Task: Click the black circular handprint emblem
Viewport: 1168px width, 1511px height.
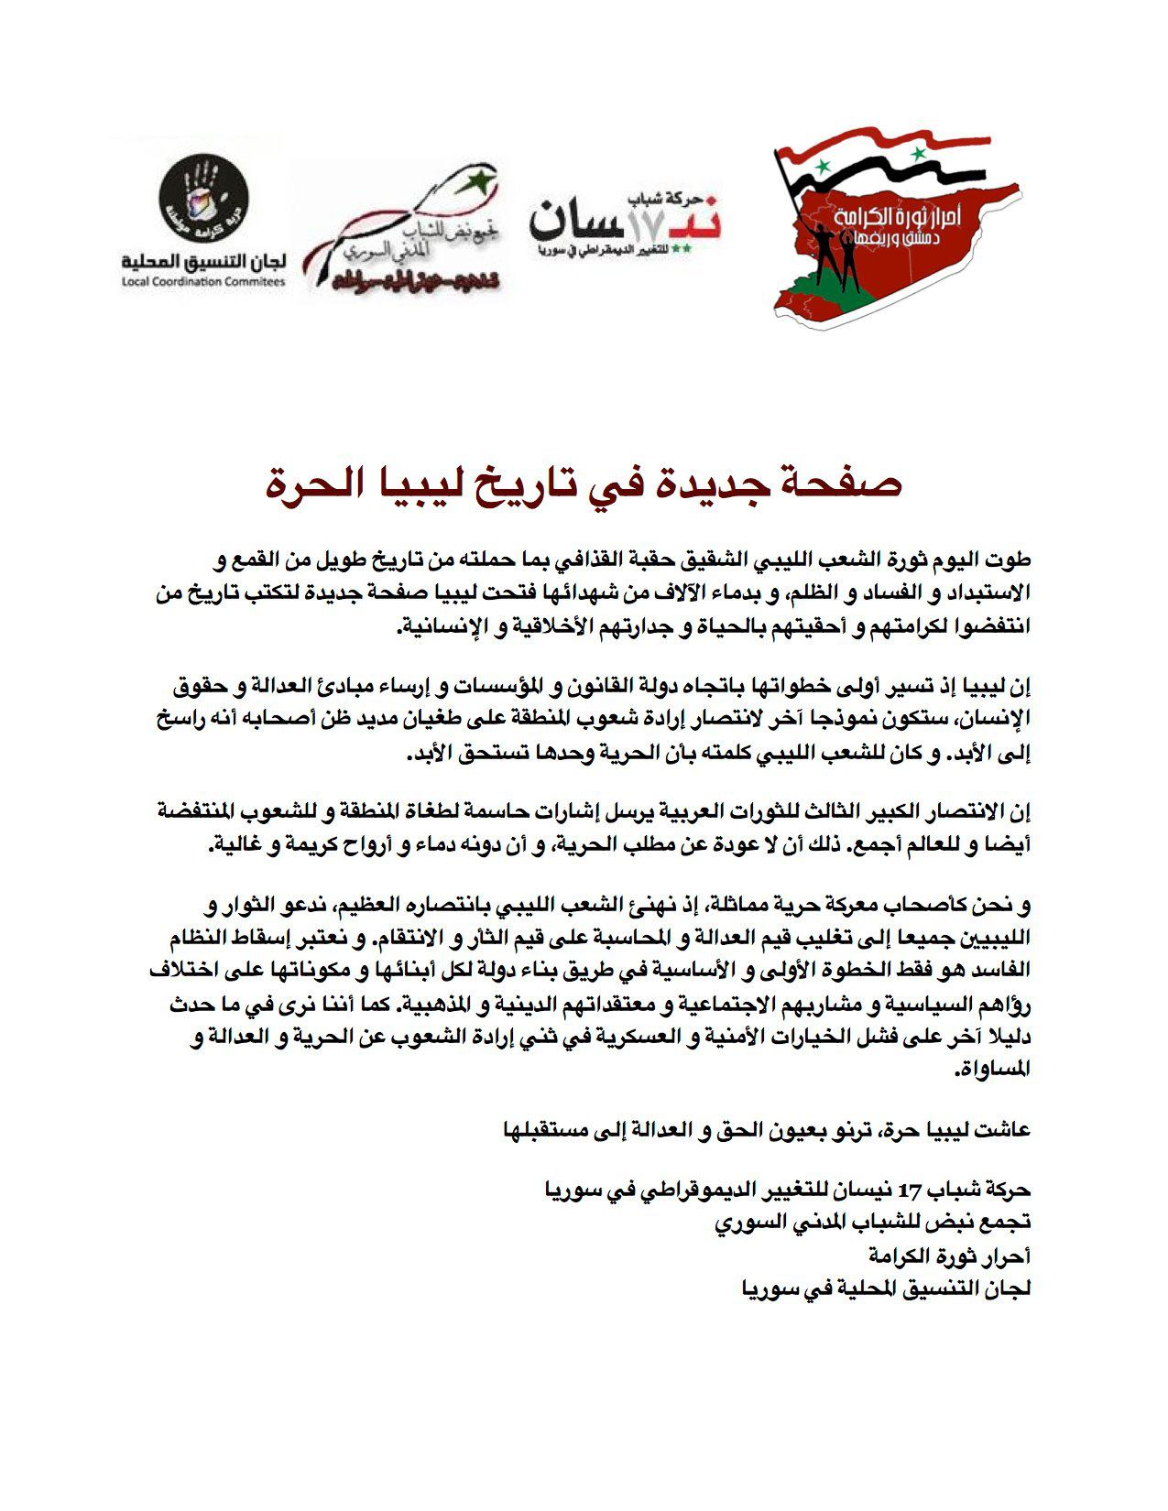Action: click(204, 203)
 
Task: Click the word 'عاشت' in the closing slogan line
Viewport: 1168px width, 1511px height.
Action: click(1004, 1130)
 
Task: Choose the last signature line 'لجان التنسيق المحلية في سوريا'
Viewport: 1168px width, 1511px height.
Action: click(886, 1288)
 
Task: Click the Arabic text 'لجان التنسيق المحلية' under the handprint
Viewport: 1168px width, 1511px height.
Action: click(203, 262)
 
